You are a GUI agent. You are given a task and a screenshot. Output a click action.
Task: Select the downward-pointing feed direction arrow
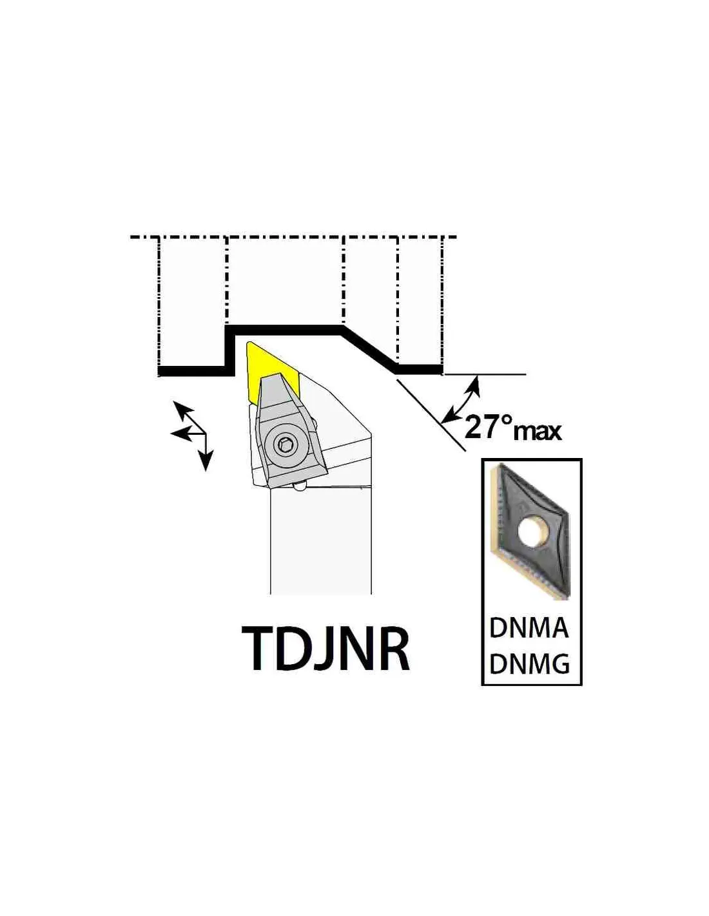[206, 452]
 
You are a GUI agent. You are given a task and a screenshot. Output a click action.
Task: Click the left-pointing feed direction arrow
[188, 433]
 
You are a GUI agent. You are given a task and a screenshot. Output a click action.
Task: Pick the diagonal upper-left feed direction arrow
[189, 417]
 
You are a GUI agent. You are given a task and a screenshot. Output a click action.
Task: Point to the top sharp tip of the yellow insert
[249, 342]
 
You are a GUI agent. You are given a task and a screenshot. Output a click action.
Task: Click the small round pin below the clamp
[299, 487]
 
